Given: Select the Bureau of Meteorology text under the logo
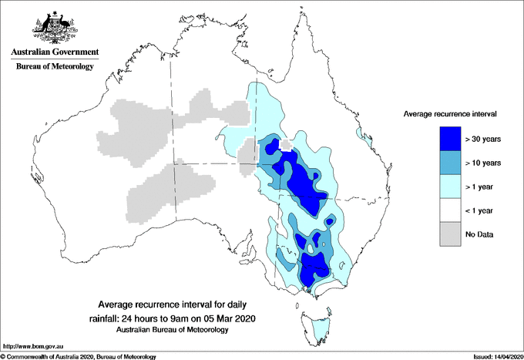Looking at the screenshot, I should [55, 67].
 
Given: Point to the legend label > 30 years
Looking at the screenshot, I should [482, 140].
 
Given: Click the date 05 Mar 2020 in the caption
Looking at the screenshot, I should [228, 318].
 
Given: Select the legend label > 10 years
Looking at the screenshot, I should [482, 163].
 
